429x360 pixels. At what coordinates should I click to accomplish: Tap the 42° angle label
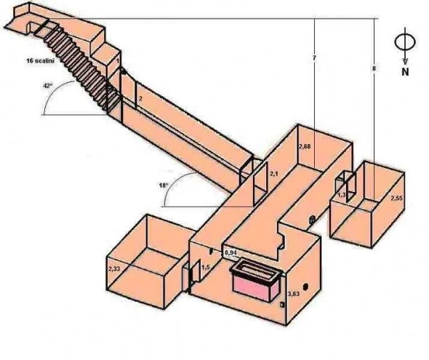(x=48, y=86)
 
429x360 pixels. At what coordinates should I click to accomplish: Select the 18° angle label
(x=165, y=186)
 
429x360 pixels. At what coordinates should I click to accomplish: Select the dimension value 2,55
(x=396, y=198)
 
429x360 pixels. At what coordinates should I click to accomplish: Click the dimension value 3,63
(x=293, y=294)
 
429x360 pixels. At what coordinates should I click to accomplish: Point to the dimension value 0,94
(x=230, y=252)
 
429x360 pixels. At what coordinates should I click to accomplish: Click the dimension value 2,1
(x=274, y=175)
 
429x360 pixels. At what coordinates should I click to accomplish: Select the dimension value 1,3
(x=341, y=195)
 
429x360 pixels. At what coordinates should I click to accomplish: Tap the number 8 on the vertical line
(x=374, y=68)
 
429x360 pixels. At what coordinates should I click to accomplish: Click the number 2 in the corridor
(x=140, y=96)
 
